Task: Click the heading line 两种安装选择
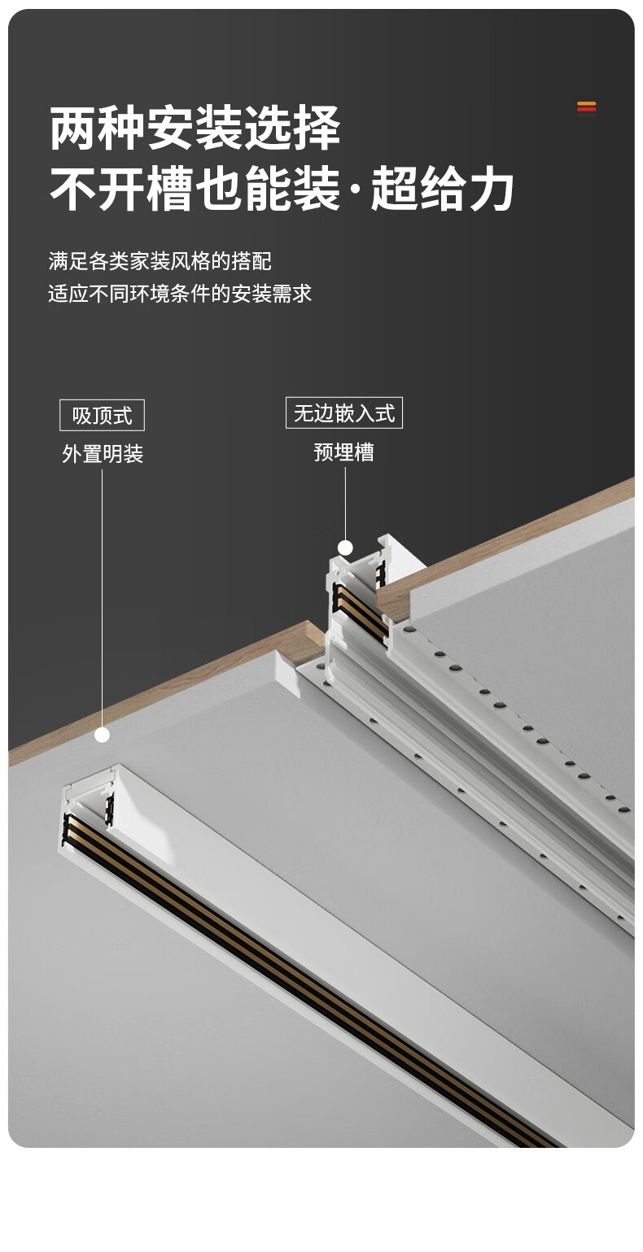coord(195,129)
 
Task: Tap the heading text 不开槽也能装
coord(195,190)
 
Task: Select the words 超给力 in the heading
coord(443,190)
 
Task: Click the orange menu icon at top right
coord(586,107)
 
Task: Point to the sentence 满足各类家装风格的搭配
coord(160,261)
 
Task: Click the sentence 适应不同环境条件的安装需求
coord(180,294)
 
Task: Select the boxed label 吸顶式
coord(102,416)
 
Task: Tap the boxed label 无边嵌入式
coord(343,413)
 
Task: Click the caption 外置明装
coord(103,454)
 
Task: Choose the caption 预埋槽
coord(343,452)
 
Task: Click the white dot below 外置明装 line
coord(102,735)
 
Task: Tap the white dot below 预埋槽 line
coord(345,547)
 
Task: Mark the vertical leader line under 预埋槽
coord(345,500)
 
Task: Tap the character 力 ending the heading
coord(491,190)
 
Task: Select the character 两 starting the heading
coord(73,129)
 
